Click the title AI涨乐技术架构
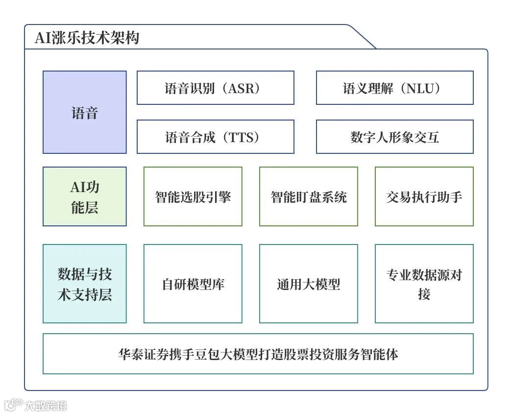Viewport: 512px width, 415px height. pos(87,38)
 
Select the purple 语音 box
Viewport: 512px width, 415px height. pos(85,112)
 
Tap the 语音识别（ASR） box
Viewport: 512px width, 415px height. pos(215,88)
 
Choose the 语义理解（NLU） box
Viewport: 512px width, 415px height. pos(394,88)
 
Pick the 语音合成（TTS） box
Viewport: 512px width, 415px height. pos(215,137)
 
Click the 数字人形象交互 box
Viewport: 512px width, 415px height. pos(394,137)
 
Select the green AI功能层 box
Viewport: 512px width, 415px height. pos(85,196)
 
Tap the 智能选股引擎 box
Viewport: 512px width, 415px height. pos(193,196)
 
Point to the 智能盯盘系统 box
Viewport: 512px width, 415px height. pos(308,196)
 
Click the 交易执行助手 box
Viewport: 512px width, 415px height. pos(424,196)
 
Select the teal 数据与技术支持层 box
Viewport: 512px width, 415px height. pos(85,284)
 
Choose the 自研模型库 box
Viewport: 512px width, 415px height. pos(193,284)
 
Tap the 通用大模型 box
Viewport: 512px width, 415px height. pos(308,284)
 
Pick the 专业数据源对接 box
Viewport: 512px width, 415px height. pos(424,284)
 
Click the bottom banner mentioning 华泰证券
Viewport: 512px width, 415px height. pos(258,354)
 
